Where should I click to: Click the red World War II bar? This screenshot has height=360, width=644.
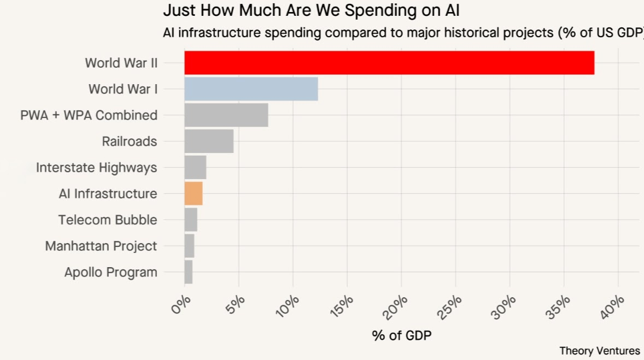tap(389, 63)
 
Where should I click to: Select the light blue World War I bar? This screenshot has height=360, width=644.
tap(251, 89)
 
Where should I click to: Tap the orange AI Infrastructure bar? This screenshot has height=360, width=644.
tap(194, 193)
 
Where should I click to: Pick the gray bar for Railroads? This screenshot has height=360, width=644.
tap(209, 141)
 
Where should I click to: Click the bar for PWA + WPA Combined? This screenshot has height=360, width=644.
tap(226, 115)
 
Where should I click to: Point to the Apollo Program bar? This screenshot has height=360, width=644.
tap(189, 272)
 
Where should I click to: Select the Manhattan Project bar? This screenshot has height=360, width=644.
tap(189, 246)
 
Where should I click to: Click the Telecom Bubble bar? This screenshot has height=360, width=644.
tap(191, 220)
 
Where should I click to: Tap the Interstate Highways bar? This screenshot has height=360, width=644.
tap(195, 167)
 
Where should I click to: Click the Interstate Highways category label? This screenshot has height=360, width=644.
tap(97, 168)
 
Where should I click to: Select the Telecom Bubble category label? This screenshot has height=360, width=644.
tap(108, 220)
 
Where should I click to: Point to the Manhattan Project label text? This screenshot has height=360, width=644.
tap(101, 246)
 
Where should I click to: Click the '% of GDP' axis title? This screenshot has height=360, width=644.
tap(402, 335)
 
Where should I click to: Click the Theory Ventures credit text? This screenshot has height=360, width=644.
tap(600, 351)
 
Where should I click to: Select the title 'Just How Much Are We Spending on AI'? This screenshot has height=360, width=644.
tap(311, 10)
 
